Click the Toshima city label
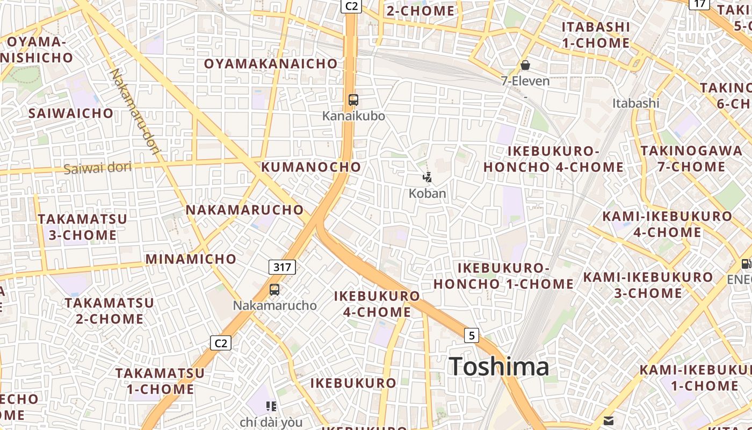coord(499,367)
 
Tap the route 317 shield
coord(282,267)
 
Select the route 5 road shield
coord(472,335)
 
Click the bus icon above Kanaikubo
coord(353,100)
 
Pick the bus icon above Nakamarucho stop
coord(274,290)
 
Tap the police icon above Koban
coord(428,177)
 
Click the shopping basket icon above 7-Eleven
coord(525,66)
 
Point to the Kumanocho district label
coord(311,167)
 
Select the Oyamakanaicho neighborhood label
coord(271,64)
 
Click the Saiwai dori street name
coord(97,168)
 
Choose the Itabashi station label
coord(635,103)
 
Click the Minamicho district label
coord(191,259)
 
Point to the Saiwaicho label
coord(71,113)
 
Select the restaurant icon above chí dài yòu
coord(271,406)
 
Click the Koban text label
coord(428,193)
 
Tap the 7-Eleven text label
coord(525,81)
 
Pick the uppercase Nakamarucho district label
coord(244,210)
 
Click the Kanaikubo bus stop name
coord(353,116)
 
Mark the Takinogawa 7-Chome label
coord(691,159)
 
